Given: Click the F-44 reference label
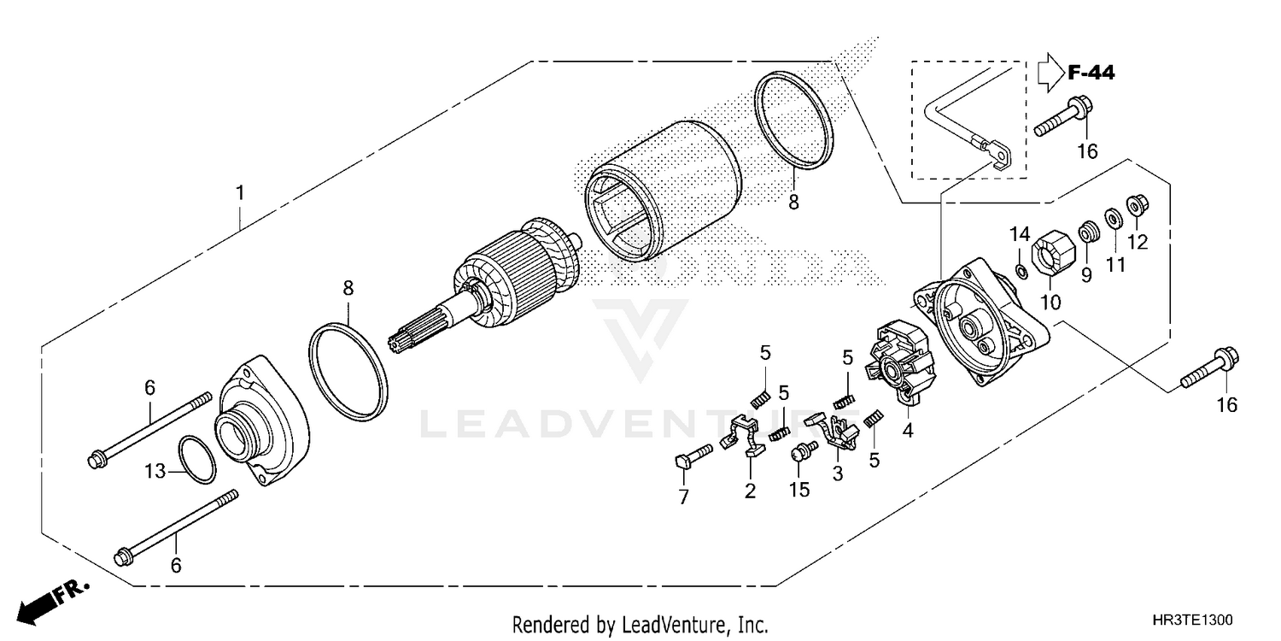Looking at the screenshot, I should (1091, 74).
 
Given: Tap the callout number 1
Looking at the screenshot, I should (240, 193).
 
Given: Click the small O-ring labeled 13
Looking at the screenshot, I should (197, 459).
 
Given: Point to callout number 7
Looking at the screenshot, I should (683, 497).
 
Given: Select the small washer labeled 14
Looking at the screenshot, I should (1021, 272).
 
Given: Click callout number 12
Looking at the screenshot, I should (1137, 242).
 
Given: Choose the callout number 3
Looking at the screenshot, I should (837, 473).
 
